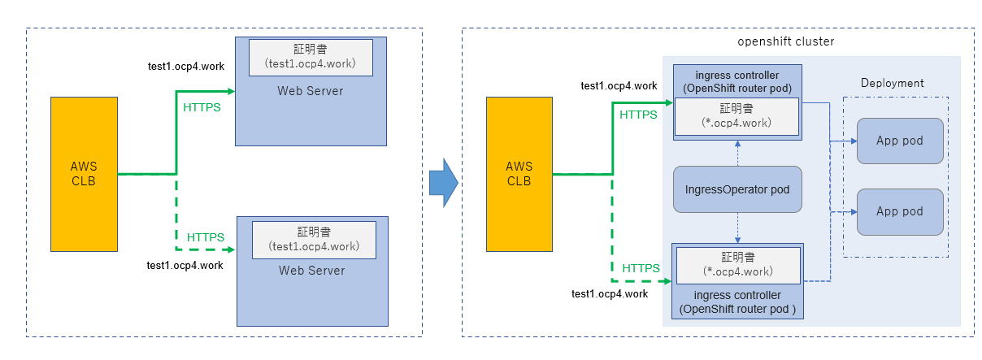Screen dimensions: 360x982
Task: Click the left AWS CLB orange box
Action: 84,173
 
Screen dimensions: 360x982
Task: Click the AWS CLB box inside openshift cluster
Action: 519,174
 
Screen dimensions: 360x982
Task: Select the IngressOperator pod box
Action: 737,189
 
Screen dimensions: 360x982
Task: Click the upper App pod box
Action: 899,141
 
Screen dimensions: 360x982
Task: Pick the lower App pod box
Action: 899,211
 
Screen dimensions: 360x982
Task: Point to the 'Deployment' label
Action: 893,83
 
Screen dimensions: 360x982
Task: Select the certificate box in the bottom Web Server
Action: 314,238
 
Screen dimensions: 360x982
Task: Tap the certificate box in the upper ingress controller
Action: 736,116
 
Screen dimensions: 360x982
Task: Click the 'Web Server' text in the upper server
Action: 311,90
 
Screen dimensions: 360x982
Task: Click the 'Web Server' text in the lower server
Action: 312,271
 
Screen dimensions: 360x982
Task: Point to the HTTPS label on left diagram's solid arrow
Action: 202,107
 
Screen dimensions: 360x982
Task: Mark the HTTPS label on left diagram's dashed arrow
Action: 206,237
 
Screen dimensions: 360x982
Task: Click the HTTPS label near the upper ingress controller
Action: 638,115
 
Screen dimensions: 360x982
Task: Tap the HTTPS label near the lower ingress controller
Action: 641,267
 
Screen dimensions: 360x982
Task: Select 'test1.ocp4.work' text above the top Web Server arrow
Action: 185,64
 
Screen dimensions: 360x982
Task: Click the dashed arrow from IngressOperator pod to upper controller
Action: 737,153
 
